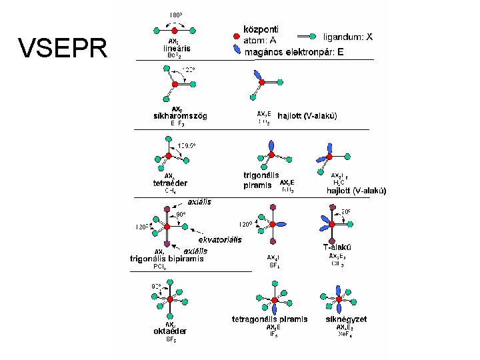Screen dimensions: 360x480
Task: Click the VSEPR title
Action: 63,48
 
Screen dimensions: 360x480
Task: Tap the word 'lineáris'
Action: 177,48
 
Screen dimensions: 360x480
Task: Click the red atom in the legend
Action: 237,35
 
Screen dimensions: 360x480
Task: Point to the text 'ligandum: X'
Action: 347,37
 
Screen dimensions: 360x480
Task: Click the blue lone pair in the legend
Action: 237,50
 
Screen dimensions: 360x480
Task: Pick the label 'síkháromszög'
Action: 181,115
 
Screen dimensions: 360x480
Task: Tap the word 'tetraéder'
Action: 171,183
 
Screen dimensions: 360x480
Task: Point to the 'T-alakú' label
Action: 337,247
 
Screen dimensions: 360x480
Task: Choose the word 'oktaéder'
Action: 170,331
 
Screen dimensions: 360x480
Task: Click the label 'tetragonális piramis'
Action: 269,319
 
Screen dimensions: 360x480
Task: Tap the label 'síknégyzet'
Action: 346,319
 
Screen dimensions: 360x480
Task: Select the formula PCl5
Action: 160,267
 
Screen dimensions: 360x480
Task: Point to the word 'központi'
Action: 261,29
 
